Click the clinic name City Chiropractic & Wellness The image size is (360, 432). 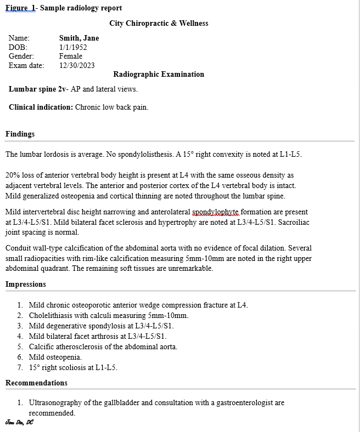[x=159, y=23]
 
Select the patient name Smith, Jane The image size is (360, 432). [x=79, y=38]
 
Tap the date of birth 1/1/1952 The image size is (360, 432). [x=73, y=47]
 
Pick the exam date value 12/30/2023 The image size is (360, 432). [x=77, y=65]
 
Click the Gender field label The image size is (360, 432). [x=21, y=56]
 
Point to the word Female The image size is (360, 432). [x=71, y=56]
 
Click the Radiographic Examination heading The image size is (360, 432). [x=159, y=74]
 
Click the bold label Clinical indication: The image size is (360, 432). [x=41, y=107]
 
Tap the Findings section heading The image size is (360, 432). [x=20, y=134]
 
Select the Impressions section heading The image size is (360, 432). [x=26, y=284]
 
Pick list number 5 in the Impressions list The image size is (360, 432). [x=20, y=346]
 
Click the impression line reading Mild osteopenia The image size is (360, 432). [x=55, y=357]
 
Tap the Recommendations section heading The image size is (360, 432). [x=36, y=383]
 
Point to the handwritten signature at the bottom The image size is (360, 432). [x=19, y=422]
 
